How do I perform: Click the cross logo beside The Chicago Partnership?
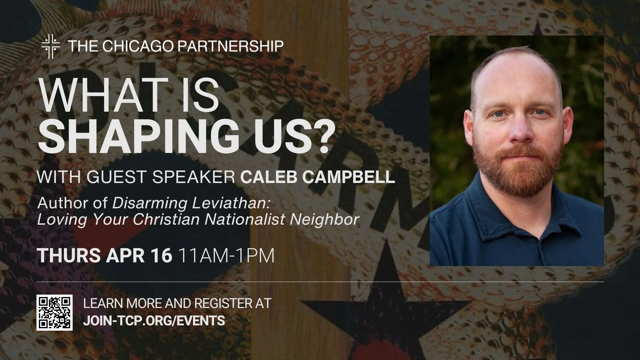(x=51, y=46)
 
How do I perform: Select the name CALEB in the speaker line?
(x=267, y=177)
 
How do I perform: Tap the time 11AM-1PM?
(x=227, y=256)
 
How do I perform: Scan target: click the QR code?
(x=55, y=313)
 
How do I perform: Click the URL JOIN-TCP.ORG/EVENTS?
(x=154, y=321)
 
